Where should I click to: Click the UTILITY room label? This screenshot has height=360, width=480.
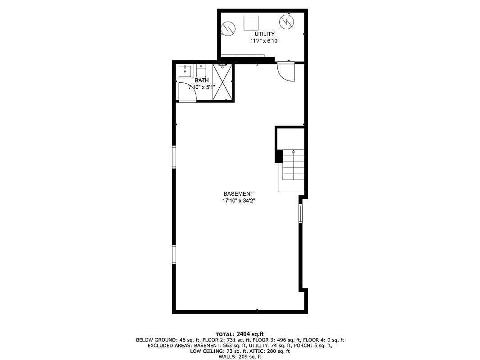point(264,34)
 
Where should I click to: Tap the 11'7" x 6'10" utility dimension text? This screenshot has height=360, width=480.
point(265,41)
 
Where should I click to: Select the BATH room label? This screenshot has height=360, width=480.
point(201,80)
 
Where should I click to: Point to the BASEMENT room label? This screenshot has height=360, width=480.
point(238,193)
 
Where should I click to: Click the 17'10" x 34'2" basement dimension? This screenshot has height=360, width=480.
point(239,201)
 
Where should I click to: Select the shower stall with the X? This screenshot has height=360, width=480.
point(222,82)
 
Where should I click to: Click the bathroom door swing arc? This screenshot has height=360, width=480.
point(186,91)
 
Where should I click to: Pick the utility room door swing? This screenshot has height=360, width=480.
point(285,71)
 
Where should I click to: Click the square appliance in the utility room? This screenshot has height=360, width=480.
point(251,22)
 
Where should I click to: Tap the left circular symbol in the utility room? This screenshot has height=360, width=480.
point(228,29)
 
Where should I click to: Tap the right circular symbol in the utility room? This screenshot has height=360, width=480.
point(286,21)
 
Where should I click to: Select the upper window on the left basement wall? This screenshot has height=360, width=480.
point(174,157)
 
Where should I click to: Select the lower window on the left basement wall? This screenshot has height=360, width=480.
point(174,254)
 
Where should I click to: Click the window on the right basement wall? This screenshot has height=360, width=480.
point(300,214)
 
